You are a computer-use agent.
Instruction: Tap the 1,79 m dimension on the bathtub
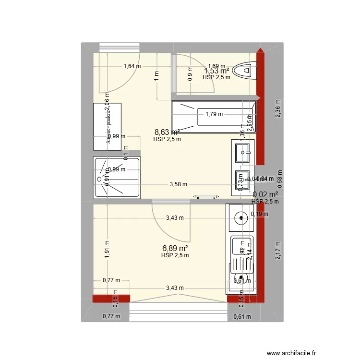(x=214, y=114)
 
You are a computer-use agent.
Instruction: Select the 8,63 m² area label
(x=167, y=132)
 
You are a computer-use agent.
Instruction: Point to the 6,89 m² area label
(x=175, y=248)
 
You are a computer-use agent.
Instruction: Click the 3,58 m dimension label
(x=178, y=184)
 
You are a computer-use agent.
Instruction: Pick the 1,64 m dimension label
(x=132, y=67)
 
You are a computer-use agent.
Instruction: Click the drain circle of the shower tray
(x=100, y=179)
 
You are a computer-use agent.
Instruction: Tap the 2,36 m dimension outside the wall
(x=278, y=108)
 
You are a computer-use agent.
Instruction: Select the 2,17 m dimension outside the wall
(x=278, y=251)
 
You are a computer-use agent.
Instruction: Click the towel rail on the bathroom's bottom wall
(x=206, y=196)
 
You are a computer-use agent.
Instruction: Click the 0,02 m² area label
(x=265, y=194)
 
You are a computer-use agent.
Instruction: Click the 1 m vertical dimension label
(x=156, y=76)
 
